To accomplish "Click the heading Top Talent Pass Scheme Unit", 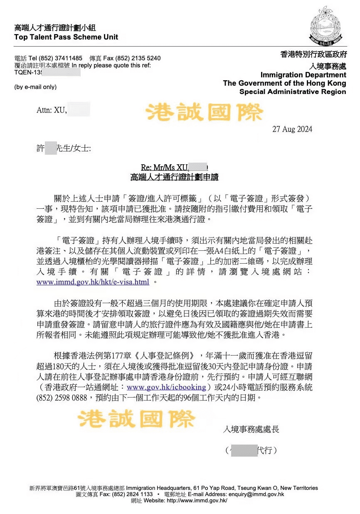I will click(66, 37).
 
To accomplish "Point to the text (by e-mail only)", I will click(35, 87).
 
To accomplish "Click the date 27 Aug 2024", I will click(292, 129).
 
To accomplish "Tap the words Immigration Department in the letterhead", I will click(303, 75).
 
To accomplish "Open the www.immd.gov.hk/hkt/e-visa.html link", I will click(93, 282).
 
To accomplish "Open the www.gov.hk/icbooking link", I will click(166, 387).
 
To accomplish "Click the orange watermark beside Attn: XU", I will click(205, 112).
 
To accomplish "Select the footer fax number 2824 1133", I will click(133, 494).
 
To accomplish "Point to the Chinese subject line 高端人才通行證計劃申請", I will click(174, 177).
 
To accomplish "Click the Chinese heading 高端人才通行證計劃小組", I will click(55, 28).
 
